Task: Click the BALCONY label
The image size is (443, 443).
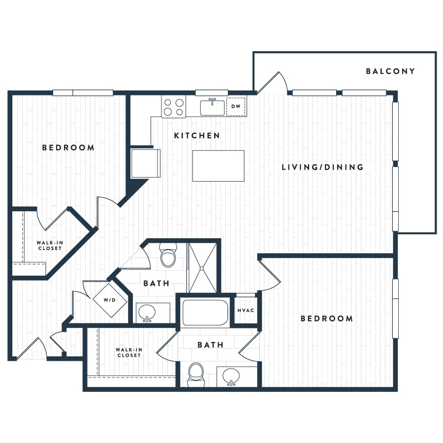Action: pos(390,71)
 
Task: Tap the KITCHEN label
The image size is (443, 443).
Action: pos(197,136)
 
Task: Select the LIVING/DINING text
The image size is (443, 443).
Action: pos(322,167)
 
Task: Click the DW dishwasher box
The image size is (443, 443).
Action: pos(236,106)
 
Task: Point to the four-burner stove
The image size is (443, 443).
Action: pos(173,107)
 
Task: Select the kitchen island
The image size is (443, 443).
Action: pos(219,165)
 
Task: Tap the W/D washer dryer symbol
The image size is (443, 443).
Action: pos(110,300)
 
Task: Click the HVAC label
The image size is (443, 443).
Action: pos(246,311)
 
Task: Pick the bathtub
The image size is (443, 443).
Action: pos(205,313)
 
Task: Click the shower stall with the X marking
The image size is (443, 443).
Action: pos(203,268)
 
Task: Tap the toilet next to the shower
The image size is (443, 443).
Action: pos(168,255)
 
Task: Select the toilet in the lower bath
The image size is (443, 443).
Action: pos(196,375)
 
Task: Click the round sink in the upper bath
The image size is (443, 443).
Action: pos(147,313)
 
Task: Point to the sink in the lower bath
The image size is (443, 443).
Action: pos(231,377)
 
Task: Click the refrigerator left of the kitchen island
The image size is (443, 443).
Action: pos(146,163)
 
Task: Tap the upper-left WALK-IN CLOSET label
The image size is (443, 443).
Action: pos(50,246)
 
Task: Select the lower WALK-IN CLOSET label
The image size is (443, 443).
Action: pos(129,352)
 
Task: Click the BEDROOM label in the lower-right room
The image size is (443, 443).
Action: pos(327,318)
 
